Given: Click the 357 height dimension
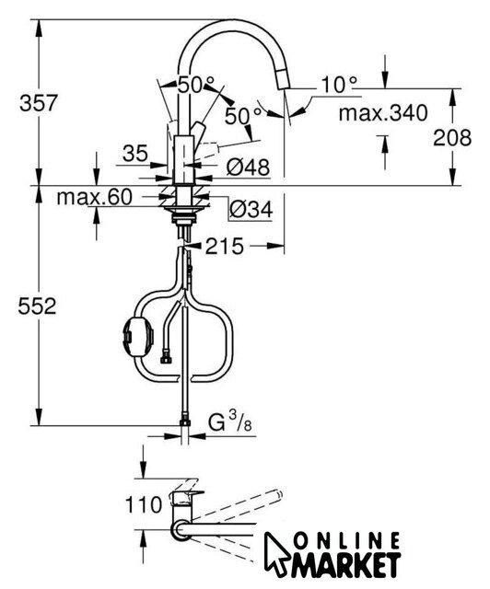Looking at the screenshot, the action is (x=39, y=102).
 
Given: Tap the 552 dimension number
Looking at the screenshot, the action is (x=37, y=306).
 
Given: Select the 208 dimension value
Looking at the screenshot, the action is (x=452, y=137).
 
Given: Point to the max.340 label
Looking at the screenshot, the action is (x=383, y=112).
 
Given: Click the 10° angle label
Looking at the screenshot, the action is (x=339, y=85).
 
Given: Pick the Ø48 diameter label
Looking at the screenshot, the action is (x=248, y=167).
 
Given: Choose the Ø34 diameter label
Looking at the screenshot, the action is (x=251, y=209).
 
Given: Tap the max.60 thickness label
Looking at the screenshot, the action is (x=94, y=197).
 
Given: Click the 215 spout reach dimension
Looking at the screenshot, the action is (x=225, y=247).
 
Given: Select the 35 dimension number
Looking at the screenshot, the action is (x=135, y=154).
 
